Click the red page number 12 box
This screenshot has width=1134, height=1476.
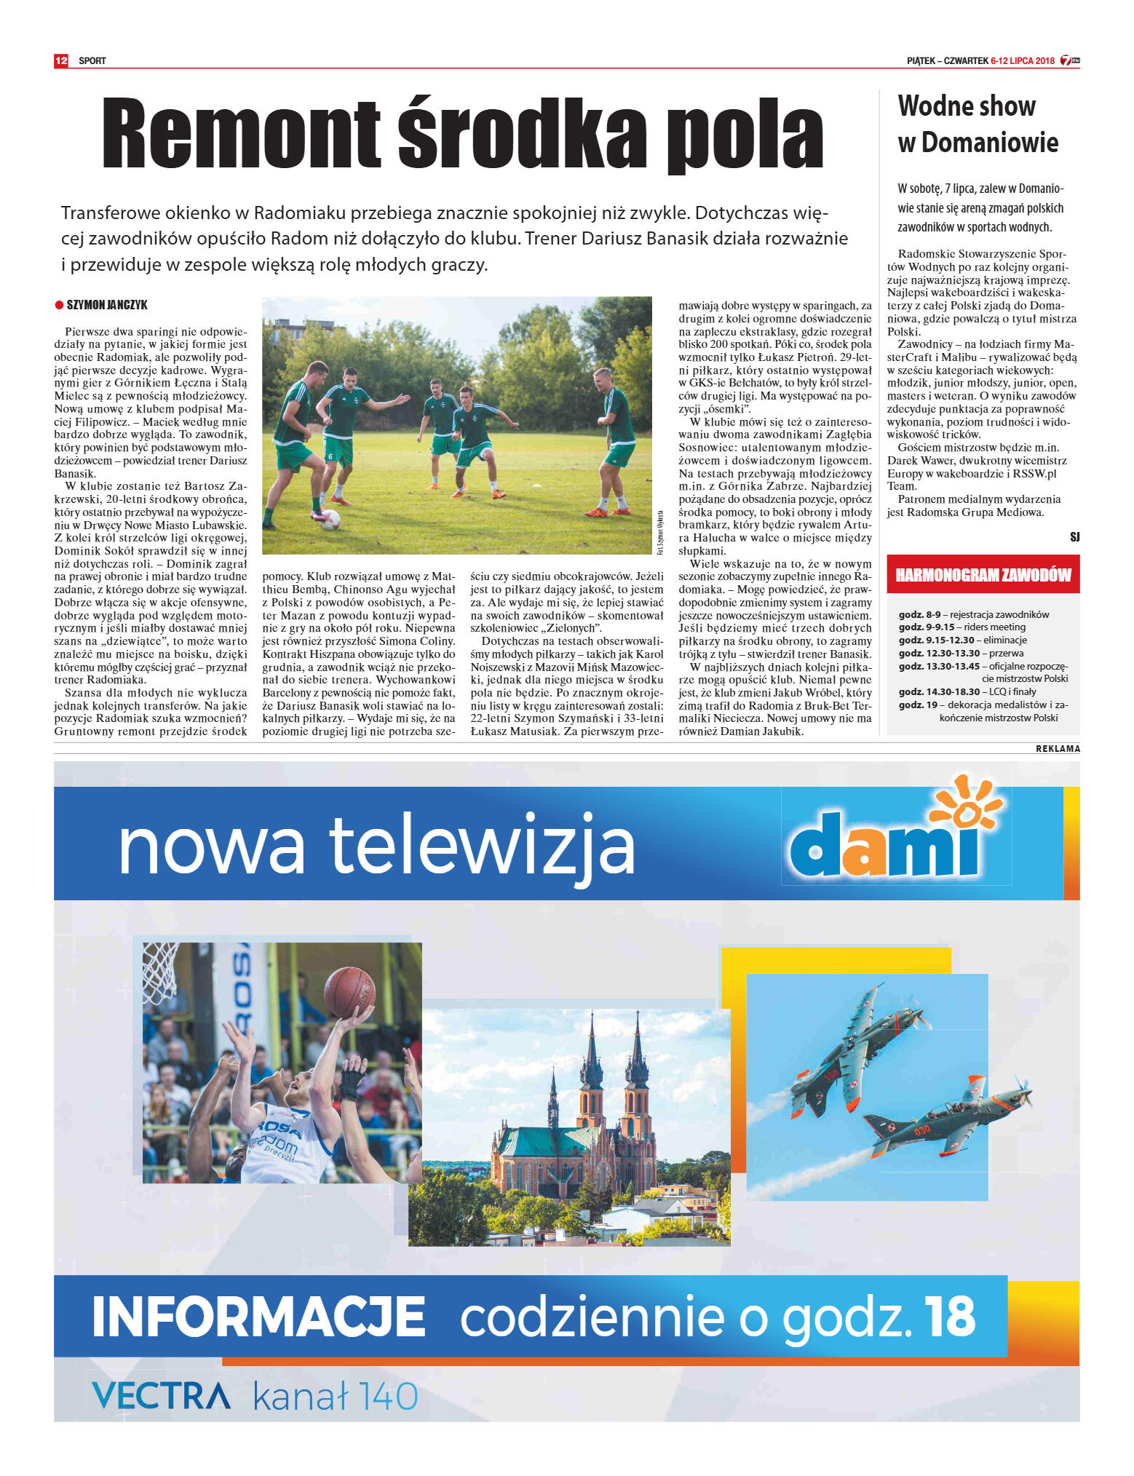click(60, 60)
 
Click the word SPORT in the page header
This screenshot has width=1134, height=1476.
click(92, 61)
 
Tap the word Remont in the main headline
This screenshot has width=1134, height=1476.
click(240, 134)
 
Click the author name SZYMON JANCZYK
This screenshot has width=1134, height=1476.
click(107, 305)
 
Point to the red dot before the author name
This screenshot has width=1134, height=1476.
click(59, 305)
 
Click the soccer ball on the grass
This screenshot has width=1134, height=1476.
click(330, 519)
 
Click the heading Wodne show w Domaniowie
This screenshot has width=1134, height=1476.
click(978, 124)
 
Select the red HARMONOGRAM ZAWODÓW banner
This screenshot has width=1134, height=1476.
click(983, 575)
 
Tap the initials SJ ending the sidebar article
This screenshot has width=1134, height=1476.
click(1074, 537)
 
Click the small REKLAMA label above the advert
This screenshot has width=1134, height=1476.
click(1058, 748)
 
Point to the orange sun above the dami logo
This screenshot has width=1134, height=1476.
click(967, 804)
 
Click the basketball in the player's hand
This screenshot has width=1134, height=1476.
click(349, 992)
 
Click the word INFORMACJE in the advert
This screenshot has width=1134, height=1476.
click(258, 1317)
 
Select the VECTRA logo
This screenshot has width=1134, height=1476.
click(161, 1395)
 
